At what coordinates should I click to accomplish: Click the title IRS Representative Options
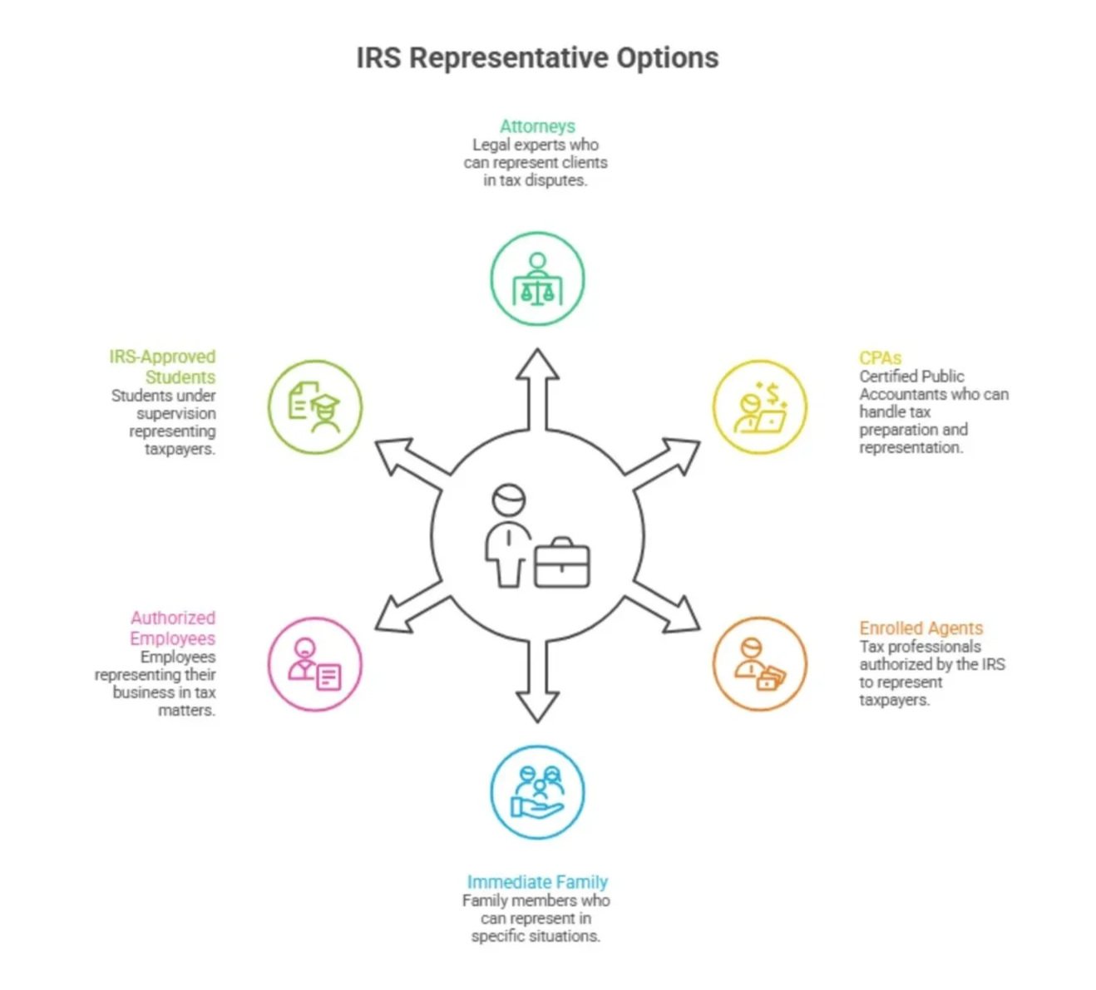(x=537, y=58)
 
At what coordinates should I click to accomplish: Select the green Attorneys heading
(x=537, y=126)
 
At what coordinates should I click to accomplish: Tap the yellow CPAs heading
(x=880, y=358)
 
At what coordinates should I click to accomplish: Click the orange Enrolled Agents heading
(x=921, y=628)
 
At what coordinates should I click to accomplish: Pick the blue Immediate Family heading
(x=537, y=882)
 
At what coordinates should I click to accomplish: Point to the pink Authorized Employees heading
(x=172, y=628)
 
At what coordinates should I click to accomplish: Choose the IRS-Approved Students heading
(x=163, y=367)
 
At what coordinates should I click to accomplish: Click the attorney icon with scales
(x=537, y=279)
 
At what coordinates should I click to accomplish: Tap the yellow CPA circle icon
(x=759, y=407)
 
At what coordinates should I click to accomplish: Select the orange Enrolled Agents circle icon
(x=759, y=664)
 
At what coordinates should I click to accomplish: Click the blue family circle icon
(x=537, y=792)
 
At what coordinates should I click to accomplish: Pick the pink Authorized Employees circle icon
(x=315, y=664)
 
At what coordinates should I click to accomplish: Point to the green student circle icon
(x=315, y=407)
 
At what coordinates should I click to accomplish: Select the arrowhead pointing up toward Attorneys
(x=537, y=366)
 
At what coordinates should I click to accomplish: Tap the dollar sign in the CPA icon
(x=773, y=392)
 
